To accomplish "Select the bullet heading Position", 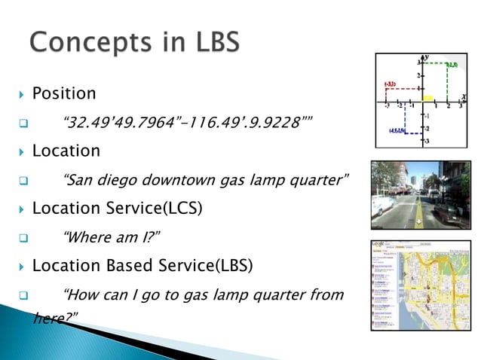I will click(x=64, y=94).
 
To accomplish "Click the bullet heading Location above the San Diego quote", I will click(x=66, y=151).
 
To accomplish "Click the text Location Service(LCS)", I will click(x=117, y=208).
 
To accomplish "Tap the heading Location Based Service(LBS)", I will click(x=142, y=266).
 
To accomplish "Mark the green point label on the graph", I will click(x=452, y=66).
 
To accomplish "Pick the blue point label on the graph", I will click(x=398, y=130).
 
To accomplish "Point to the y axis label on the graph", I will click(x=427, y=57).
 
